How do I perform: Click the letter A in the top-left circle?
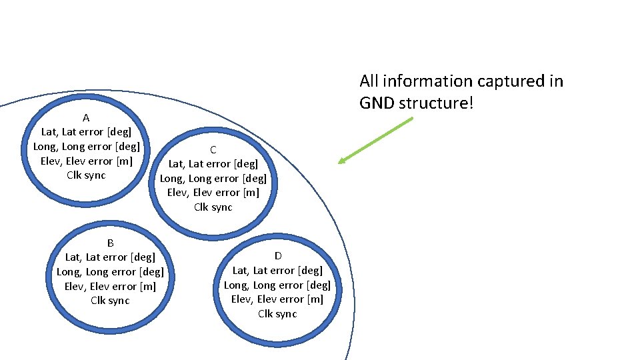click(x=86, y=118)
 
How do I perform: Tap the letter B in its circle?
click(x=110, y=243)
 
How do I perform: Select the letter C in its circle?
click(x=213, y=149)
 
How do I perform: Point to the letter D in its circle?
click(x=277, y=256)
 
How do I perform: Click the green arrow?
click(x=376, y=140)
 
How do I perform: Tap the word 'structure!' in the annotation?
click(x=437, y=103)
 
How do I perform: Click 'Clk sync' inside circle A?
click(x=86, y=175)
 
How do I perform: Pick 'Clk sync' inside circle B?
click(x=110, y=301)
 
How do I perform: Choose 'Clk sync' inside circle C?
click(x=213, y=207)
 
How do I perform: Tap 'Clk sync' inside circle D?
click(x=277, y=314)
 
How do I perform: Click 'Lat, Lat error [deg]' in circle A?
click(x=86, y=132)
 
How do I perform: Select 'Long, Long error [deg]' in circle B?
click(x=110, y=272)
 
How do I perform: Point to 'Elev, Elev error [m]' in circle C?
click(x=213, y=193)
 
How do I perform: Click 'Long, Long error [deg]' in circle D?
click(x=277, y=285)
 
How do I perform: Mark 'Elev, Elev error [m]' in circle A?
click(x=86, y=161)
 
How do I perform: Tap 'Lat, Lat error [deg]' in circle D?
click(x=277, y=271)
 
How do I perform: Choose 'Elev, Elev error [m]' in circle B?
click(x=110, y=287)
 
